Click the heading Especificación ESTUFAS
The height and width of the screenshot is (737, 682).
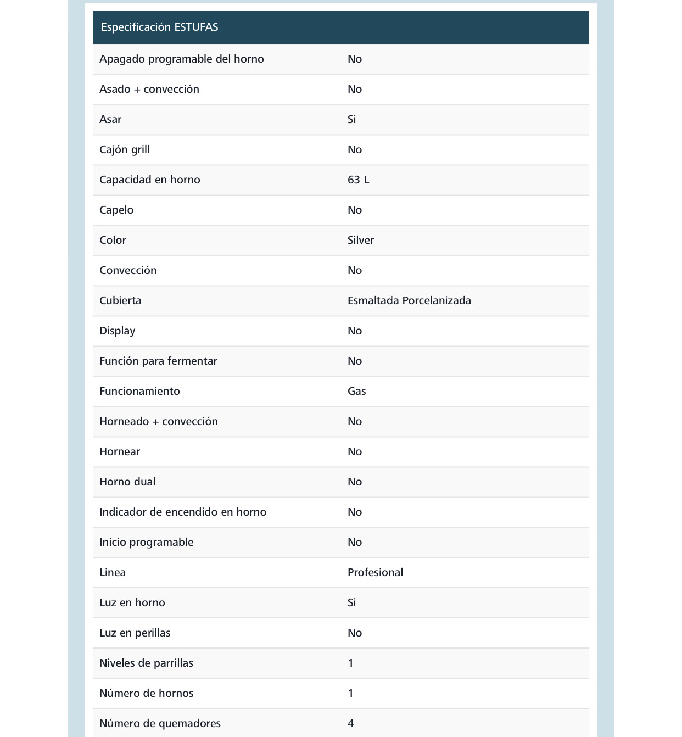click(159, 27)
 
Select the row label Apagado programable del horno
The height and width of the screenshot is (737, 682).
click(181, 59)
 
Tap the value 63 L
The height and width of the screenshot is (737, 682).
click(358, 180)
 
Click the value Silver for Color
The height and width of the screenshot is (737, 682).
click(360, 240)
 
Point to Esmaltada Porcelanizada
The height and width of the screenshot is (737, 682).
click(409, 300)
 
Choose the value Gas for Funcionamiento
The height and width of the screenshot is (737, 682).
click(356, 391)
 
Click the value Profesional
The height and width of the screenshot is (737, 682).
click(375, 572)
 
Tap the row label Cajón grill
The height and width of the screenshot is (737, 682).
click(124, 149)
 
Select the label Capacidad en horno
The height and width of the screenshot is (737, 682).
click(149, 180)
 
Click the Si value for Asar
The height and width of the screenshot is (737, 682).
click(351, 119)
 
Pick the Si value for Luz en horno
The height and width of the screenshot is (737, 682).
click(351, 602)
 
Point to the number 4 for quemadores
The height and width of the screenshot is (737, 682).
click(350, 723)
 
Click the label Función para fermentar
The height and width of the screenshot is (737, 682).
click(158, 361)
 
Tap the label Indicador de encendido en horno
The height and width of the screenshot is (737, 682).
click(182, 512)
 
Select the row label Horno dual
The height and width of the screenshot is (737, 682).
click(127, 482)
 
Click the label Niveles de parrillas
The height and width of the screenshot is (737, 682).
click(146, 663)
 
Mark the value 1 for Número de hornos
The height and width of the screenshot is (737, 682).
click(350, 693)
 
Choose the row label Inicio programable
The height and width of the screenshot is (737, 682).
click(146, 542)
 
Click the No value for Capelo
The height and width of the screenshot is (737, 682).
click(354, 210)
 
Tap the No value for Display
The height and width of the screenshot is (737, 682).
click(354, 331)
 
